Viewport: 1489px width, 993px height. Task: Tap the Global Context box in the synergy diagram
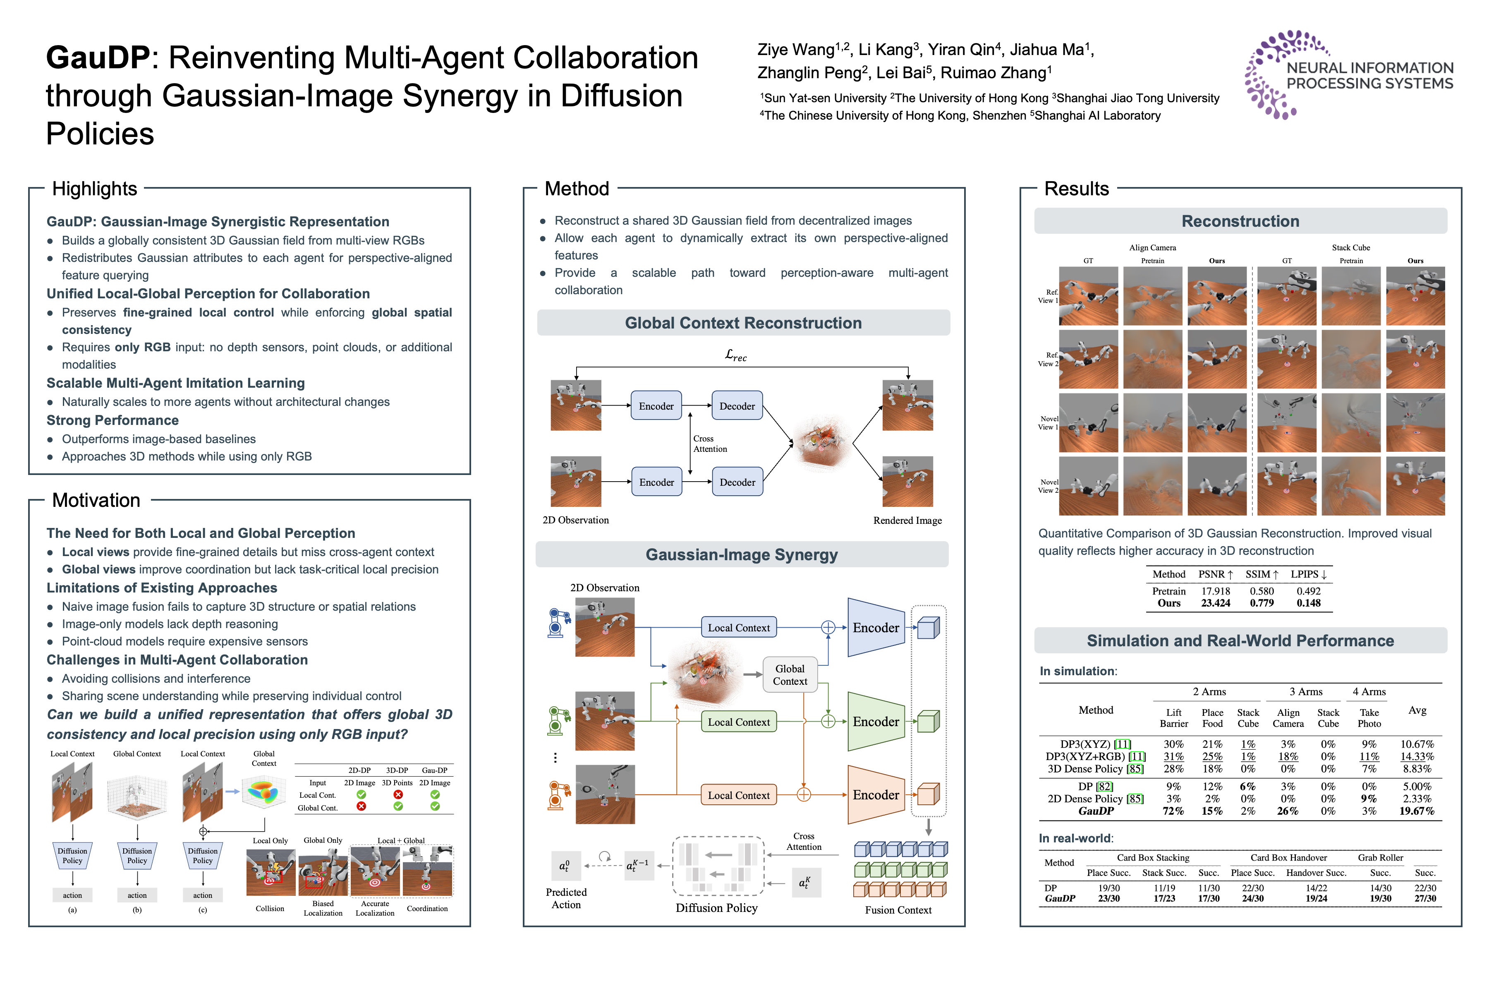click(790, 675)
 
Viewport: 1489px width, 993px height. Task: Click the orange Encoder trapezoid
click(876, 795)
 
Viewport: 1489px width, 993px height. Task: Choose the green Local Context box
click(738, 722)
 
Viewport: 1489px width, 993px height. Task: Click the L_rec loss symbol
click(736, 356)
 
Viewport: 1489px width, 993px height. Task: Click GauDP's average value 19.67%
click(1417, 811)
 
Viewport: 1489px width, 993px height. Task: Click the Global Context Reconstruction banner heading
click(743, 323)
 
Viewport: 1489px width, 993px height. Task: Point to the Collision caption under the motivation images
click(270, 909)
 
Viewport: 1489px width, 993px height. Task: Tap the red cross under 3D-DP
click(397, 795)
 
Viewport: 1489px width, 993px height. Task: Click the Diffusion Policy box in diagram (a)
click(72, 856)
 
